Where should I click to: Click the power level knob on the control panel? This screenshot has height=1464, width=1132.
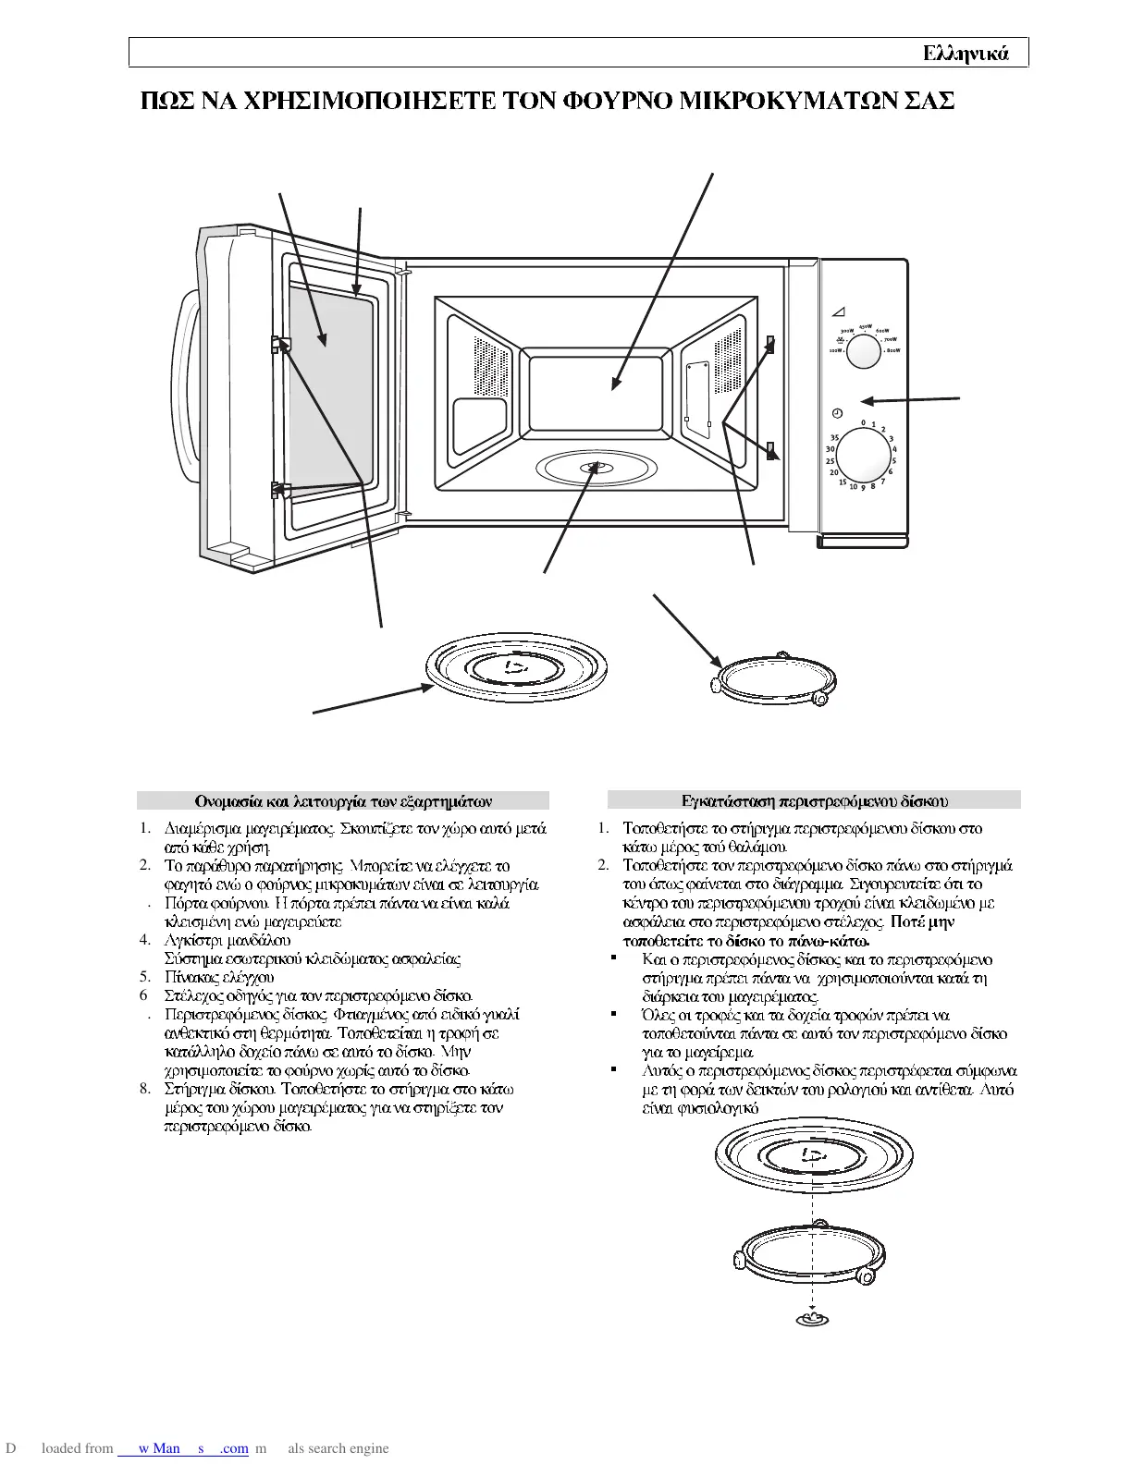(865, 351)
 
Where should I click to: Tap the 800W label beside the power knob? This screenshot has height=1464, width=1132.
(892, 351)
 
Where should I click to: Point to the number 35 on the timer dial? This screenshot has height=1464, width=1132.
(834, 437)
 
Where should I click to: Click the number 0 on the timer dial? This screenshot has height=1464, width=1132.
(863, 422)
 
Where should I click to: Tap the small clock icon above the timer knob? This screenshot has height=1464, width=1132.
(836, 412)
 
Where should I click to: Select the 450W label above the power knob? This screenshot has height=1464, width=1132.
(865, 326)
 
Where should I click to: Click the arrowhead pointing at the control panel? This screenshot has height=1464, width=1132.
(865, 400)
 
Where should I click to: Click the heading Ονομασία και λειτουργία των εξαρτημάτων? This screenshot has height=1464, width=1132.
(343, 800)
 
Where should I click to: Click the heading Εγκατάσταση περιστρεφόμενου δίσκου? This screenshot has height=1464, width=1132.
(814, 800)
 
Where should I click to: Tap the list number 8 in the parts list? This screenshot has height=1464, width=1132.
(145, 1089)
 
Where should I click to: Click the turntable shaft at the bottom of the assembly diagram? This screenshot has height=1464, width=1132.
(812, 1318)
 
